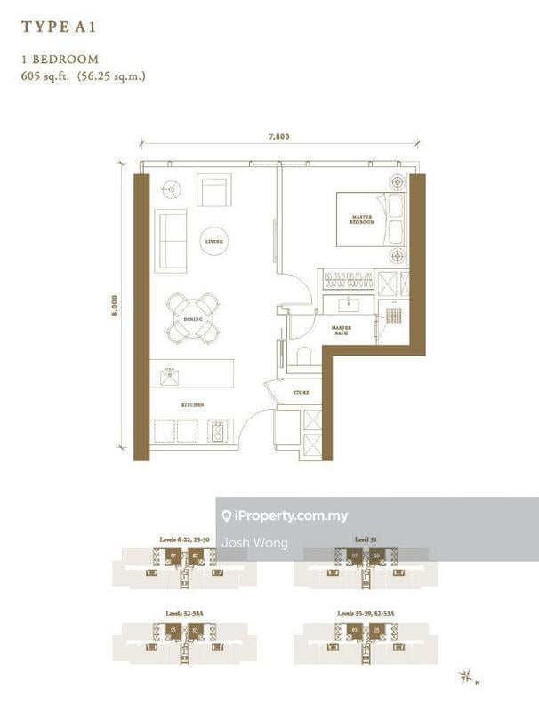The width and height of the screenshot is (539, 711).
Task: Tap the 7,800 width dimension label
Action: (x=279, y=137)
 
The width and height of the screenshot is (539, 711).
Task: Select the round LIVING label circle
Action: (x=213, y=241)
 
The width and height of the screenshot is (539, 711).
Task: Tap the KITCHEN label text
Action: (x=193, y=405)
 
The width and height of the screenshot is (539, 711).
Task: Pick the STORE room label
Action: (x=300, y=392)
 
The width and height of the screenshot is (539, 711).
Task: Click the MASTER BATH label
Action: (x=341, y=331)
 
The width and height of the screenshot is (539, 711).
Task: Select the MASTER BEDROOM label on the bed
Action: (x=360, y=220)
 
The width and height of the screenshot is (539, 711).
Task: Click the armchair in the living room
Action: (x=213, y=190)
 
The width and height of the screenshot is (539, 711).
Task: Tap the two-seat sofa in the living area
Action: (x=171, y=240)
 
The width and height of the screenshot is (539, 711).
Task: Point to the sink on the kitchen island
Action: (x=170, y=376)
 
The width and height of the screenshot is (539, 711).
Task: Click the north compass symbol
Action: (x=467, y=678)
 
